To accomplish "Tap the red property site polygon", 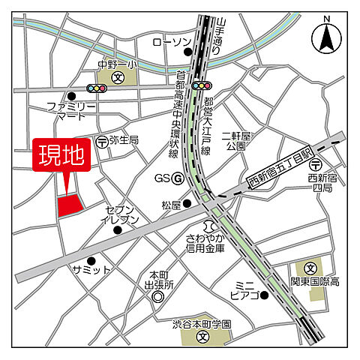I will click(70, 205).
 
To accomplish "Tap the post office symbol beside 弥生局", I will click(101, 140).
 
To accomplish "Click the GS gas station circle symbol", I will click(178, 178).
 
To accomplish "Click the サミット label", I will click(91, 270).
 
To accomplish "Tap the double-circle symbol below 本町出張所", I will click(157, 297).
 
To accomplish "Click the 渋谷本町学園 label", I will click(202, 324).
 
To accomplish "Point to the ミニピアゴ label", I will click(245, 289).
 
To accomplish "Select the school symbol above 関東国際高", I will click(311, 266).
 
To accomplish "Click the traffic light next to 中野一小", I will click(96, 88).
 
